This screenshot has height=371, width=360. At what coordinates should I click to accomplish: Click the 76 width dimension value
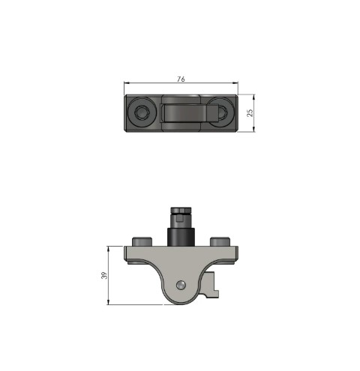click(181, 78)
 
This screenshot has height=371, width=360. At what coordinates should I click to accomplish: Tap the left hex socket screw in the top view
click(142, 112)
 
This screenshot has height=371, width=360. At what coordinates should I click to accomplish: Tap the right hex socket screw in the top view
click(222, 112)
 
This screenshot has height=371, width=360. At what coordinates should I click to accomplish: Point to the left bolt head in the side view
click(142, 241)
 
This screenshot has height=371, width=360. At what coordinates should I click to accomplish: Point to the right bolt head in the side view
click(218, 241)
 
